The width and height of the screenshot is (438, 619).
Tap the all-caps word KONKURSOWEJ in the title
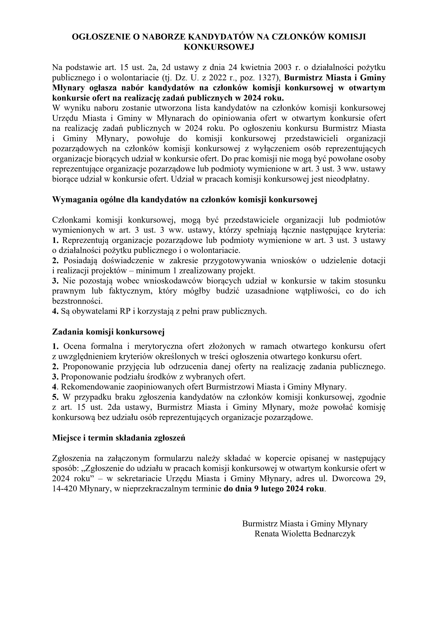pos(219,47)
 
